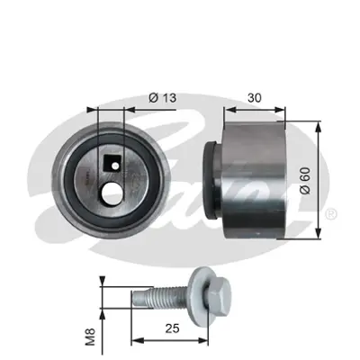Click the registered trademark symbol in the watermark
pyautogui.click(x=332, y=214)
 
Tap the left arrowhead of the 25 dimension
pyautogui.click(x=136, y=340)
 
